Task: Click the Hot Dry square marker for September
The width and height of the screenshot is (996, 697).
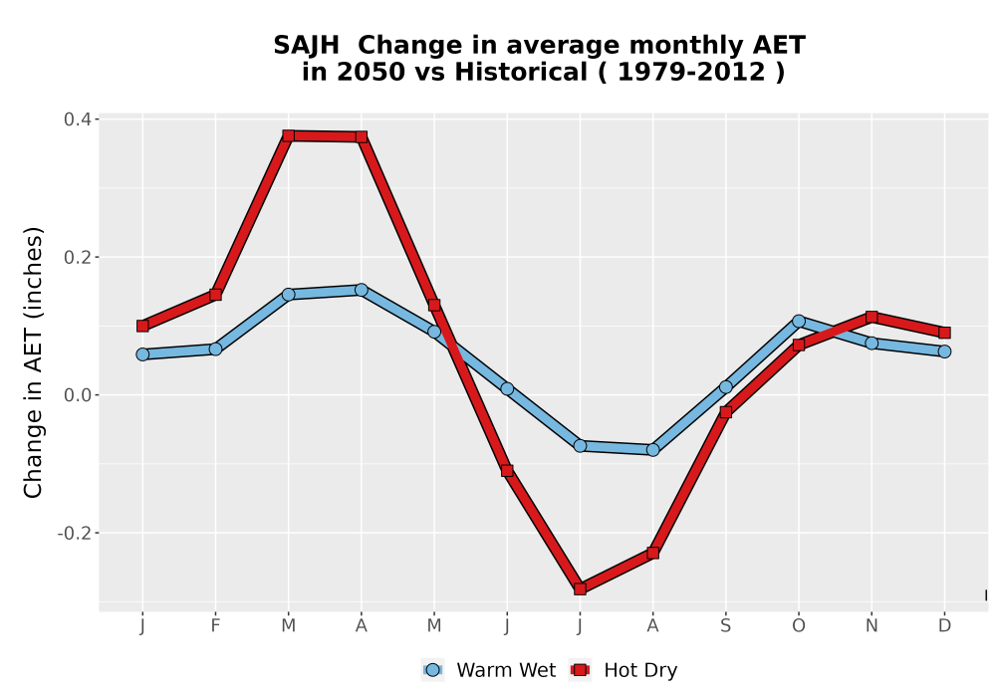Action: pos(725,412)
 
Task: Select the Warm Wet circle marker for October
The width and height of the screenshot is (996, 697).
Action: pos(799,322)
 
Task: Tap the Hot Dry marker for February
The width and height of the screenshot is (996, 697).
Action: pos(215,295)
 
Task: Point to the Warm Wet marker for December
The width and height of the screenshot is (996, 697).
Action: pos(944,351)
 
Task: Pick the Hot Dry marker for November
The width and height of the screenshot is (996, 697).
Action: pos(871,317)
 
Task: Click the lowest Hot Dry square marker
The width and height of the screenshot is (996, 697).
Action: pos(580,588)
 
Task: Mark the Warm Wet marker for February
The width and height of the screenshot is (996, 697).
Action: pos(215,349)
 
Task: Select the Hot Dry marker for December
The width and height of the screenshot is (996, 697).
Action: pos(944,333)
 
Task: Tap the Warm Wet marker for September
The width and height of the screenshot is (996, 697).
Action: pos(725,387)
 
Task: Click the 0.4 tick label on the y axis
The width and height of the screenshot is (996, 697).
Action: pos(78,119)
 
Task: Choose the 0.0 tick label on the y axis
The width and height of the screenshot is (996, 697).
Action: pos(78,395)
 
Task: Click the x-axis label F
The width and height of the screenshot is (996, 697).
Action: pos(215,626)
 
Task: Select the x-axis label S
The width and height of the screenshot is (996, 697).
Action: pos(725,626)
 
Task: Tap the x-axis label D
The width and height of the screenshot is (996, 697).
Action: pos(944,626)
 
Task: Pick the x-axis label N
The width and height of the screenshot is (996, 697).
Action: pos(871,626)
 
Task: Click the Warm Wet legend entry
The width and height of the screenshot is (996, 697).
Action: pos(488,670)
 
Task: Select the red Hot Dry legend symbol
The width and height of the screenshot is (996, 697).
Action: pos(580,670)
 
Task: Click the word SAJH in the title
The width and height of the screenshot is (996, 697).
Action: pos(306,46)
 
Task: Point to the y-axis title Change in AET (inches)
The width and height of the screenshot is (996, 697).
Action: pos(33,362)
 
